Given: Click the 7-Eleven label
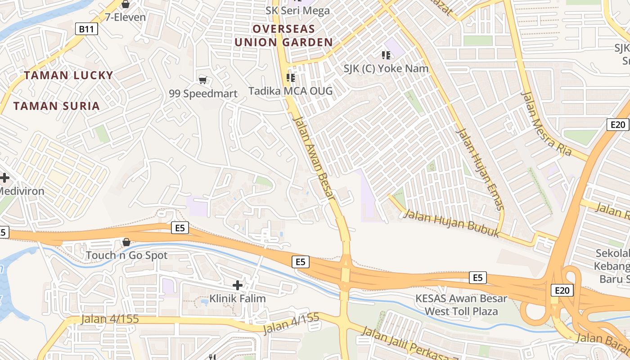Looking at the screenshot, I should pyautogui.click(x=125, y=18).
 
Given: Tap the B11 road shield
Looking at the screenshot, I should pyautogui.click(x=86, y=30).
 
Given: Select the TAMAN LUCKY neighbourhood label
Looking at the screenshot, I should pyautogui.click(x=68, y=75).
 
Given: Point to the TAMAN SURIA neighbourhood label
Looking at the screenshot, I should pyautogui.click(x=56, y=106).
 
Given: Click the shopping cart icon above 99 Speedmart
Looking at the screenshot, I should pyautogui.click(x=202, y=80).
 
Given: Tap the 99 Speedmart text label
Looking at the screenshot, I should pyautogui.click(x=203, y=94).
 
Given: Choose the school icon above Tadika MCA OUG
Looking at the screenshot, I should pyautogui.click(x=291, y=78).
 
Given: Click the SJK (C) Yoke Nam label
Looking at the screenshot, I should pyautogui.click(x=386, y=69).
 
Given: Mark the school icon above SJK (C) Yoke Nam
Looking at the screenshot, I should pyautogui.click(x=386, y=55).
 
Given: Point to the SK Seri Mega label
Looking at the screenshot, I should pyautogui.click(x=297, y=11).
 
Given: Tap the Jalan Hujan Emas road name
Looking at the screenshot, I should pyautogui.click(x=480, y=169).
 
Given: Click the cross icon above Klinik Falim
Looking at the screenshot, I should pyautogui.click(x=238, y=285).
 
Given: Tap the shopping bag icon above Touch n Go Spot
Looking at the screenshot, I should pyautogui.click(x=126, y=242).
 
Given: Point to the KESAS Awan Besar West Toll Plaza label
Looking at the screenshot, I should pyautogui.click(x=461, y=305).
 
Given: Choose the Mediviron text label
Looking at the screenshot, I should pyautogui.click(x=22, y=191).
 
